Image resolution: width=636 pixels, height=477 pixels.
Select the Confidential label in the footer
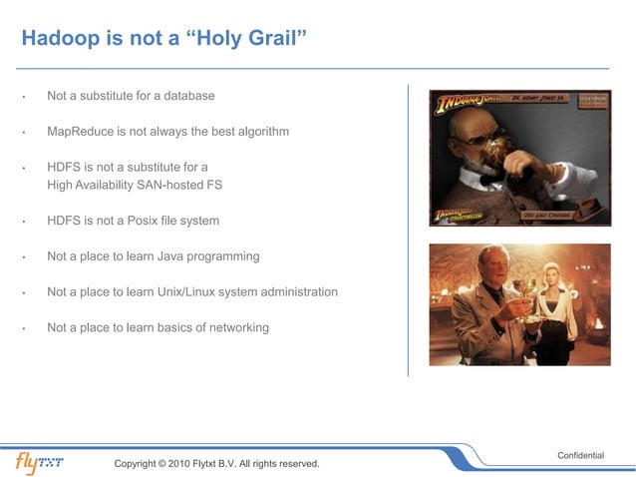(579, 455)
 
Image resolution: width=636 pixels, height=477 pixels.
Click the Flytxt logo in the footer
(47, 462)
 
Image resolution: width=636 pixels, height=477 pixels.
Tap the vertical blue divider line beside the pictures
(408, 230)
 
